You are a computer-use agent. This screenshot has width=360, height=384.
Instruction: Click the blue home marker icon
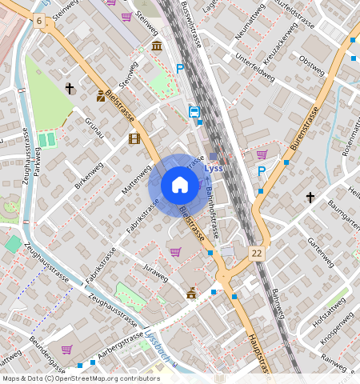(x=180, y=186)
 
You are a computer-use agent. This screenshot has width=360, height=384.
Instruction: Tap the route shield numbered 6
(x=38, y=19)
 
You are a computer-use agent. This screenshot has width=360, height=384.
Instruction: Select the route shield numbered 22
(x=256, y=253)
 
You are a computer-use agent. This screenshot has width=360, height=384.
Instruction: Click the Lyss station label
(x=214, y=169)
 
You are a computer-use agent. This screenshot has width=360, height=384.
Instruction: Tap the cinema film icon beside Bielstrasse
(x=134, y=138)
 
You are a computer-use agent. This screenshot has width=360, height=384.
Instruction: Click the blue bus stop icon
(x=194, y=112)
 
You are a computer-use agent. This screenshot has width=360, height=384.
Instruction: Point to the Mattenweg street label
(x=136, y=181)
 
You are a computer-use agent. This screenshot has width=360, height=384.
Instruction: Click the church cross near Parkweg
(x=70, y=88)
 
